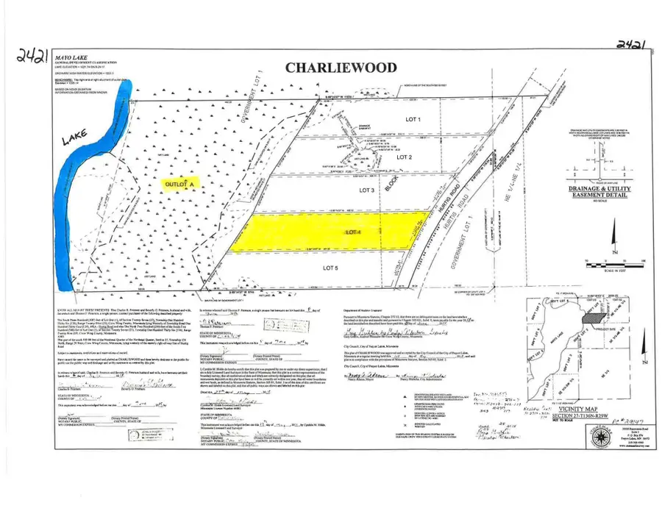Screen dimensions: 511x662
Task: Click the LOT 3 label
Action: click(x=368, y=190)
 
